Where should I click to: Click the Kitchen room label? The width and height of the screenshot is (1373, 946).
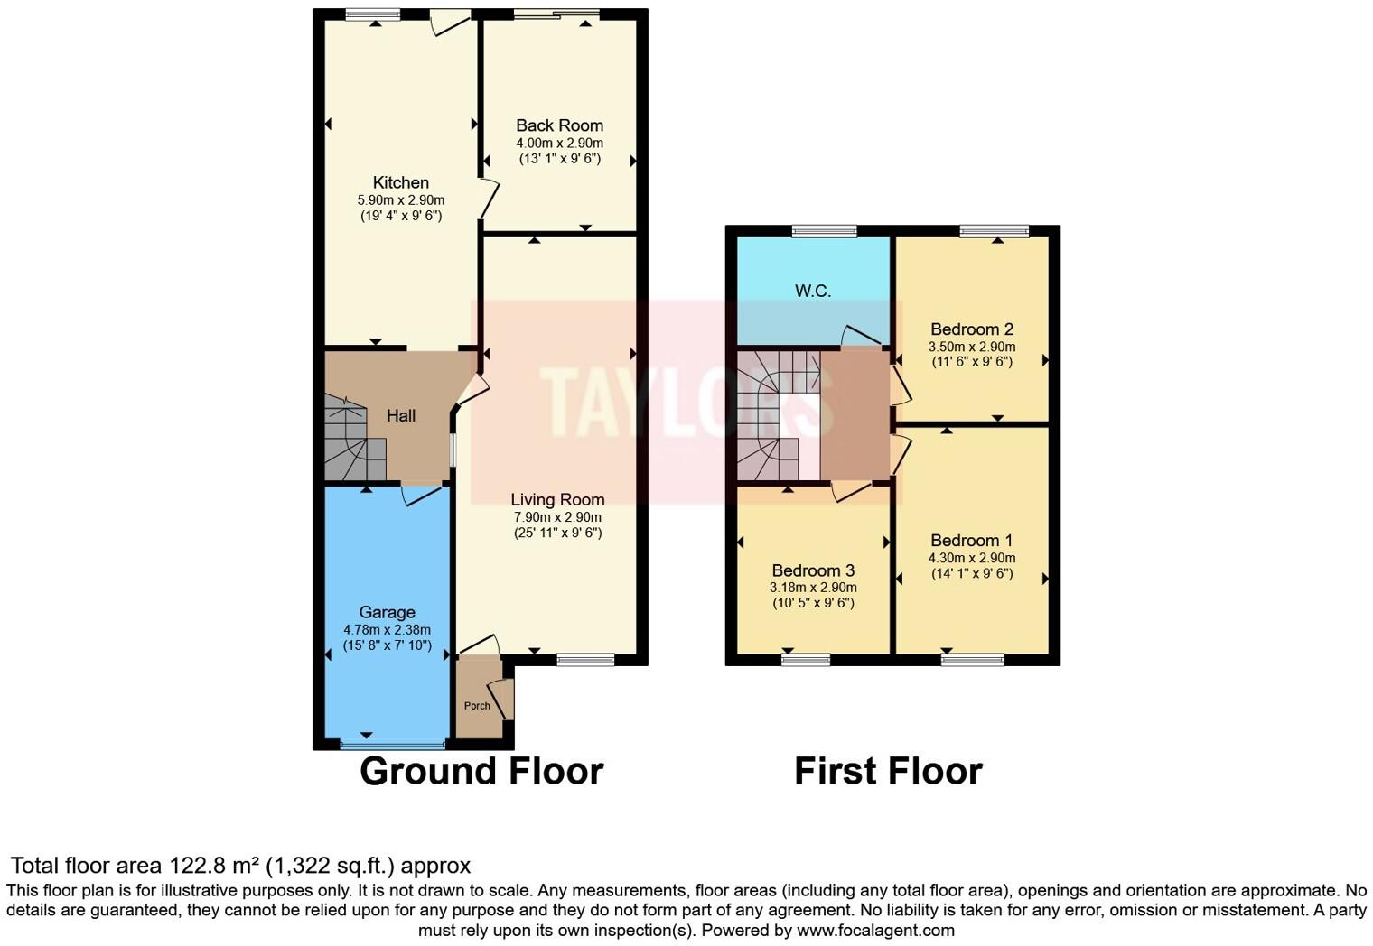pos(400,183)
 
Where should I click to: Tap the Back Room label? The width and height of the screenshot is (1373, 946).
pos(559,125)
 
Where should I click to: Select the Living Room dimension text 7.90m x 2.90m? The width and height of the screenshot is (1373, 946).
pos(557,517)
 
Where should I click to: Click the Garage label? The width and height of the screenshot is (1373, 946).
pos(387,612)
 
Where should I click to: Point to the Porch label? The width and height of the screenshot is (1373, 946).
pos(477,706)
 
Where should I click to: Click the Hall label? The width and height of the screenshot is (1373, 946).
pos(401,415)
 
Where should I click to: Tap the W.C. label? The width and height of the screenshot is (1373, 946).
pos(813,291)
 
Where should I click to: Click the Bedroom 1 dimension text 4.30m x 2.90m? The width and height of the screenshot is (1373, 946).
pos(972,558)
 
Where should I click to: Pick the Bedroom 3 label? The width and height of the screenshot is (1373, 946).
pos(813,570)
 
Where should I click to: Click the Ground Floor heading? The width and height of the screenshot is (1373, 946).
pos(481,772)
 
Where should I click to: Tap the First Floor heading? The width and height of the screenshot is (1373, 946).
pos(888,772)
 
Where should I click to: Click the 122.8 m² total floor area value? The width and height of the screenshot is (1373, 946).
pos(214,866)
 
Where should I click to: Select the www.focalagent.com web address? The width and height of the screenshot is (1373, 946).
pos(874,930)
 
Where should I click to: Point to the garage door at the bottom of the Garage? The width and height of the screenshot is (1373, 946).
pos(393,745)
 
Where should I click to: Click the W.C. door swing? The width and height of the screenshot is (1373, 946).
pos(860,336)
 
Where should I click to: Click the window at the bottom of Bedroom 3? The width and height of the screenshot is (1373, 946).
pos(806,660)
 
